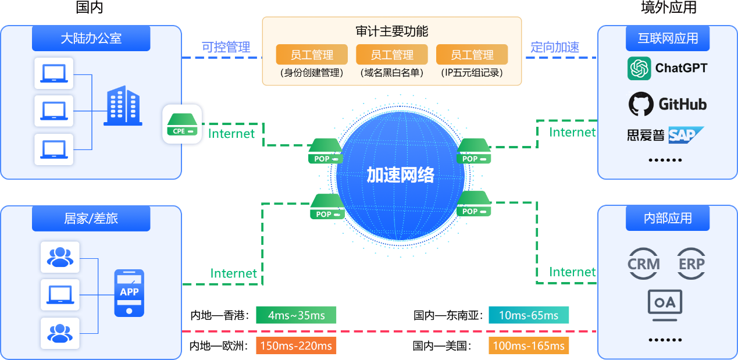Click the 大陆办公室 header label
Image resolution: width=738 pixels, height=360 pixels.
[91, 39]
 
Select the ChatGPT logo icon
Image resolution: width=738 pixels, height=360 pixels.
[639, 69]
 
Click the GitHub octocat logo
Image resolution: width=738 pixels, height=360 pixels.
[641, 104]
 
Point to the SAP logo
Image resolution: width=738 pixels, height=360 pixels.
[686, 135]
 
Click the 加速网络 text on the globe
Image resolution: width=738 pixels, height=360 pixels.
[400, 174]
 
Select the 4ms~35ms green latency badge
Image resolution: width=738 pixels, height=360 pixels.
[296, 315]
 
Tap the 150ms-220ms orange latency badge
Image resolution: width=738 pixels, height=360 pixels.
[296, 346]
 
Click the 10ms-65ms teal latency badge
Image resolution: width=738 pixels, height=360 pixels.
[529, 315]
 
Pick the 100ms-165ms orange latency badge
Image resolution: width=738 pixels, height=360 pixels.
[529, 346]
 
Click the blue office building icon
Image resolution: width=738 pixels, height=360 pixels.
[123, 106]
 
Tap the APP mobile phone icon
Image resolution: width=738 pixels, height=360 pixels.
[129, 293]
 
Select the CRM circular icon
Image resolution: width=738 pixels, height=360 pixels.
[644, 263]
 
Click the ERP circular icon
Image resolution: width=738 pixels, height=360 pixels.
[691, 263]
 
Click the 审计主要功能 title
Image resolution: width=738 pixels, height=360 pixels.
[392, 31]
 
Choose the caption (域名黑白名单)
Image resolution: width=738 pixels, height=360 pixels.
[392, 73]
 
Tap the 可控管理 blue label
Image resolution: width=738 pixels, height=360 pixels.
[226, 48]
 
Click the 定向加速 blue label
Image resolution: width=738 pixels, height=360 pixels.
[555, 48]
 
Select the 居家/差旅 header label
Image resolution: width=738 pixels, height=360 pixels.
[91, 219]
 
